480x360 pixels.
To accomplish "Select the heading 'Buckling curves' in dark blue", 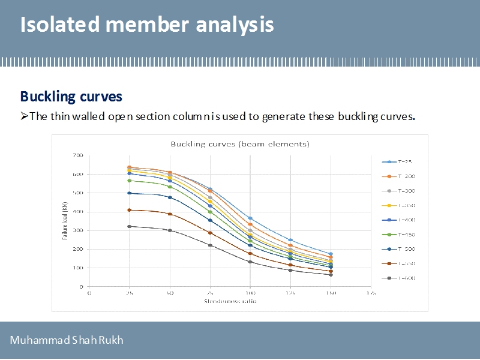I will (71, 97).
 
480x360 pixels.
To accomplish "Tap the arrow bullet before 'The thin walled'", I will (25, 116).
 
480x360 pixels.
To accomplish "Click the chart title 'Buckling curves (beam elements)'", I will (239, 144).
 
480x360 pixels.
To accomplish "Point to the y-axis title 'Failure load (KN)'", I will (65, 221).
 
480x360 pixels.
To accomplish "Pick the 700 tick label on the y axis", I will (77, 155).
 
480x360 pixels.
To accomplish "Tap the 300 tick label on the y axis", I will (77, 230).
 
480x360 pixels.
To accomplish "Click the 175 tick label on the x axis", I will (371, 293).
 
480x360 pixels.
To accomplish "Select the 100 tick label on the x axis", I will (250, 293).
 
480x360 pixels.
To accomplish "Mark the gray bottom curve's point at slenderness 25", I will (129, 226).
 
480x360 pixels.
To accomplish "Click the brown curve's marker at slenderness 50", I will (170, 214).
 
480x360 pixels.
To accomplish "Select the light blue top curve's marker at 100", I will (250, 218).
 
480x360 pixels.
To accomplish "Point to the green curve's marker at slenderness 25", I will (129, 181).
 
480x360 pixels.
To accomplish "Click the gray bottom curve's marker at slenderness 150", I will (331, 275).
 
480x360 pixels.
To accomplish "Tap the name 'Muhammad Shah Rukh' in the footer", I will (66, 340).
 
